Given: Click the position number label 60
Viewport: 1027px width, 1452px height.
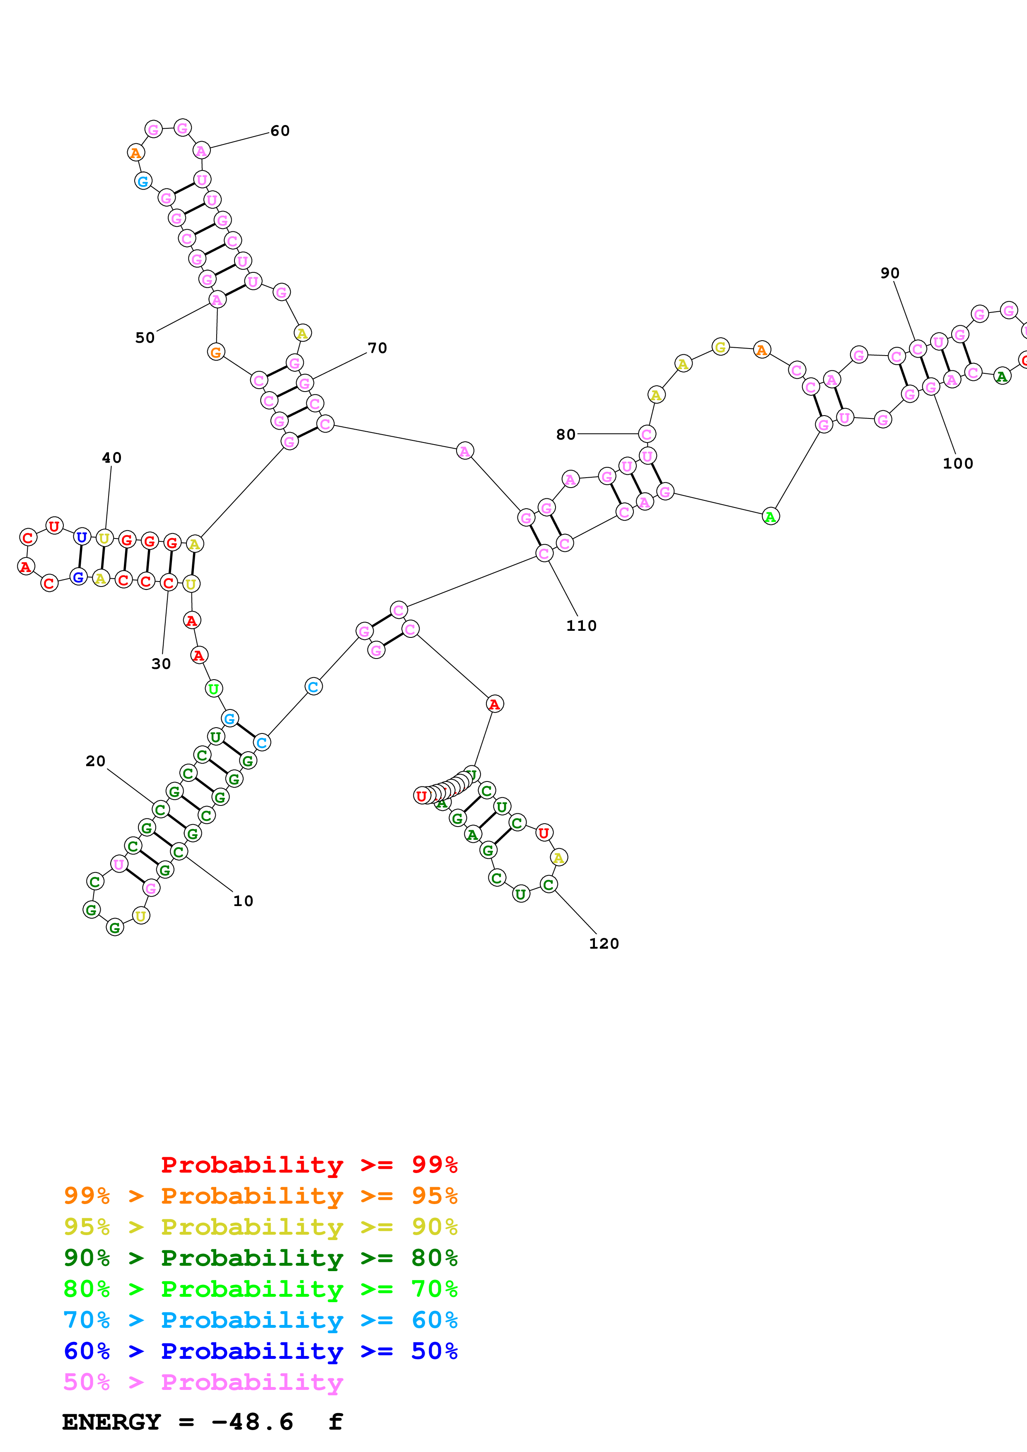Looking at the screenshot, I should [x=280, y=131].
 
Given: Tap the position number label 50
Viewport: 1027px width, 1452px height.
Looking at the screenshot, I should [x=145, y=338].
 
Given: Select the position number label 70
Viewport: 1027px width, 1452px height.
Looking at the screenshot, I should [x=377, y=348].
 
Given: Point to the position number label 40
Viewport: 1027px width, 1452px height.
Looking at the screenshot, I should [x=111, y=457].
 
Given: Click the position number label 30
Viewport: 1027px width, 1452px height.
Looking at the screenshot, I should [x=161, y=663].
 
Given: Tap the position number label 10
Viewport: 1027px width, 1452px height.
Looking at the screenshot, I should [x=243, y=901].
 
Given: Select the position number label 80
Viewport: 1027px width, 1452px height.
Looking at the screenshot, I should [x=566, y=435].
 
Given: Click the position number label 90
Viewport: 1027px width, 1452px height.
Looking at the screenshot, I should [x=890, y=273].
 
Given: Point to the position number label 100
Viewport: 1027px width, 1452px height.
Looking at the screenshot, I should [x=957, y=464].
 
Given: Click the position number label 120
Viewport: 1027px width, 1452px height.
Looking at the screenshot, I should [x=604, y=944].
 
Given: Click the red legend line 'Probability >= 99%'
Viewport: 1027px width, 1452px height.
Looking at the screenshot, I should [x=309, y=1165].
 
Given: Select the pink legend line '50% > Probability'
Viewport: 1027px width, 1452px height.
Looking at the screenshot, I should [x=203, y=1382].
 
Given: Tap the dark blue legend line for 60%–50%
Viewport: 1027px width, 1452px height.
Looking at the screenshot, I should [x=260, y=1351].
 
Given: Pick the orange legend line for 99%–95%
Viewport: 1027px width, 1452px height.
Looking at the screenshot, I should [x=260, y=1196].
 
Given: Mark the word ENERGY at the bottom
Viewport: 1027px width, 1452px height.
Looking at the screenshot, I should [x=111, y=1422].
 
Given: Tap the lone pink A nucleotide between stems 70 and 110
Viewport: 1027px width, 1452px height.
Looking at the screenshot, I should [x=464, y=451].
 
